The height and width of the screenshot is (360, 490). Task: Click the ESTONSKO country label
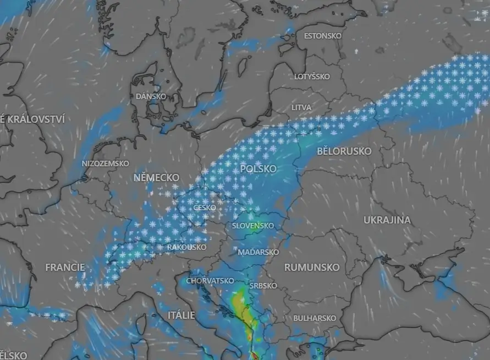(x=322, y=36)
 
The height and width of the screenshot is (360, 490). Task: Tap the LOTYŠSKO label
(x=311, y=77)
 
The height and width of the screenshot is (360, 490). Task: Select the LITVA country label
(x=301, y=107)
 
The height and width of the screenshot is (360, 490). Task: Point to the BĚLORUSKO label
(x=344, y=151)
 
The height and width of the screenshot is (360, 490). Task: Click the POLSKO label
(x=258, y=168)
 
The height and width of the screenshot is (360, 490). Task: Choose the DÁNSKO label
(x=151, y=96)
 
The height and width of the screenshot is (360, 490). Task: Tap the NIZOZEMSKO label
(x=105, y=163)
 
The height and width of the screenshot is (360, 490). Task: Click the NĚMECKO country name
(x=156, y=178)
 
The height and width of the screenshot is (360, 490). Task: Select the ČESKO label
(x=205, y=208)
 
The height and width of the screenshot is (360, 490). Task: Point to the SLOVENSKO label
(x=252, y=226)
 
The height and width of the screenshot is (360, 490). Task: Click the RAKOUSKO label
(x=186, y=247)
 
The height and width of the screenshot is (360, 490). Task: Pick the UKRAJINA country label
(x=387, y=220)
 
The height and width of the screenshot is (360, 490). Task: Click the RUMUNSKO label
(x=311, y=267)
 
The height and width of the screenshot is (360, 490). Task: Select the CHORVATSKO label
(x=210, y=281)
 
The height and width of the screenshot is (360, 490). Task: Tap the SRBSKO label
(x=263, y=286)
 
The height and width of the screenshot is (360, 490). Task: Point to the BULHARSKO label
(x=315, y=318)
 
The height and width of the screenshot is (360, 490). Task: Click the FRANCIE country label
(x=65, y=267)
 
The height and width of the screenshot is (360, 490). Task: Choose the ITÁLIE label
(x=181, y=315)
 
